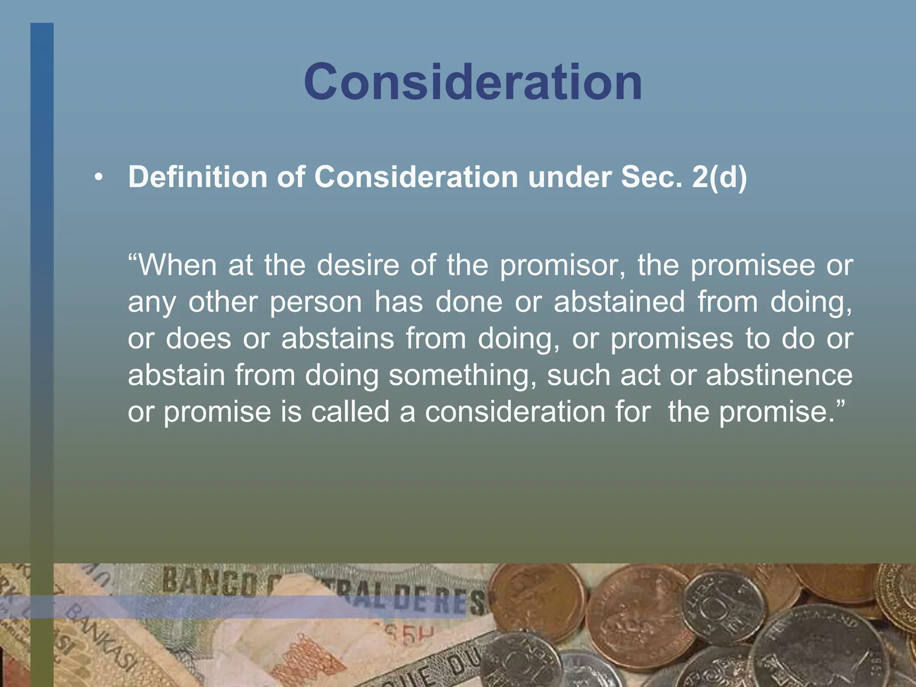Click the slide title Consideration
point(473,82)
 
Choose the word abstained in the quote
point(619,302)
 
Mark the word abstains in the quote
point(338,339)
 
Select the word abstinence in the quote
point(779,375)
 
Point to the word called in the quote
point(350,412)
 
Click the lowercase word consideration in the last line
point(515,412)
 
